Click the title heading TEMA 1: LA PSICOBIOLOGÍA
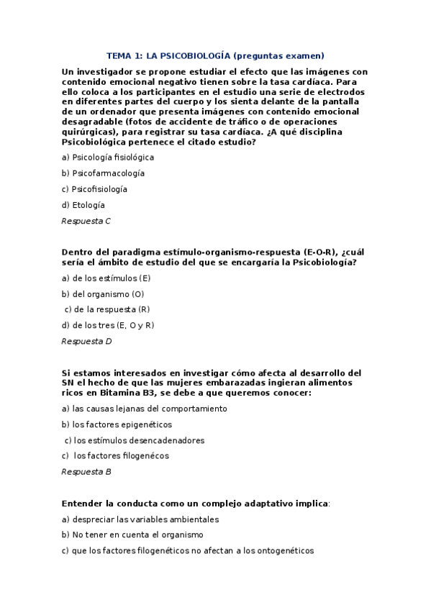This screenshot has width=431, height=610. (x=215, y=55)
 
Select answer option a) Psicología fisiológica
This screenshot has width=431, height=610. (x=108, y=157)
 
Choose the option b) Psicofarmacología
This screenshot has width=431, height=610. (x=103, y=173)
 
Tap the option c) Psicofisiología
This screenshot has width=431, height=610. (x=94, y=189)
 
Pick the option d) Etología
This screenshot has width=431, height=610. (x=83, y=205)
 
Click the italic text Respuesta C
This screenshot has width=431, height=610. (x=86, y=221)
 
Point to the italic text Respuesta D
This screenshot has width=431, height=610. (x=86, y=341)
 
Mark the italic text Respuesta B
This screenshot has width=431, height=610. (x=86, y=472)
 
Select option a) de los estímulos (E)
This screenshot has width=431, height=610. (x=106, y=278)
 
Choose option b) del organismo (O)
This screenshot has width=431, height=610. (x=103, y=293)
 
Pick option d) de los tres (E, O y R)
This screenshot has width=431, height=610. (x=108, y=325)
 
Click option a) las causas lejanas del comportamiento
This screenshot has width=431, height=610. (x=145, y=409)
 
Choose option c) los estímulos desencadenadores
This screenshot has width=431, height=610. (x=135, y=440)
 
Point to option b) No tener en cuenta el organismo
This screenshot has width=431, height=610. (x=132, y=534)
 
